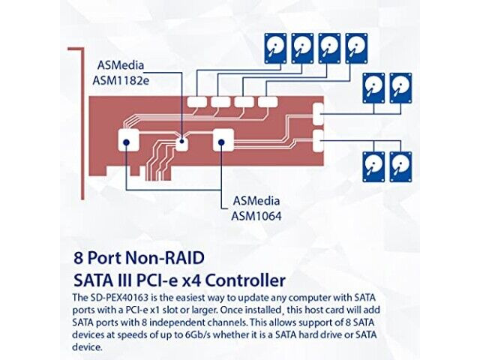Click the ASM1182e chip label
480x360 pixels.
pos(121,73)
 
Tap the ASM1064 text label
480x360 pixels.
pos(256,208)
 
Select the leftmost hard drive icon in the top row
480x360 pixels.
pos(275,49)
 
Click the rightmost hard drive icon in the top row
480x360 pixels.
pos(357,49)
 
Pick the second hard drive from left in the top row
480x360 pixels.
pos(302,49)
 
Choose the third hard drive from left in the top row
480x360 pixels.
pos(329,49)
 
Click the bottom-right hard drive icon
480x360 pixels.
pos(400,166)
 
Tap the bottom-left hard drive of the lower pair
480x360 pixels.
pos(373,166)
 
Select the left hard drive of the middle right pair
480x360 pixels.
pos(373,88)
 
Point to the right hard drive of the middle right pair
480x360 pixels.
pos(400,88)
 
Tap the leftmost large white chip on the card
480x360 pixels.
pos(128,140)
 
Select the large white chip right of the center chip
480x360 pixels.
pos(223,140)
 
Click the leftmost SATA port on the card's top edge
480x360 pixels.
pos(196,102)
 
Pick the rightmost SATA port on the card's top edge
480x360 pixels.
pos(268,102)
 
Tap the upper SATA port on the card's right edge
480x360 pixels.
pos(318,114)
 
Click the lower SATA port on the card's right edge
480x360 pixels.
pos(318,141)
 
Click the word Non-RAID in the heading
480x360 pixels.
pos(165,258)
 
